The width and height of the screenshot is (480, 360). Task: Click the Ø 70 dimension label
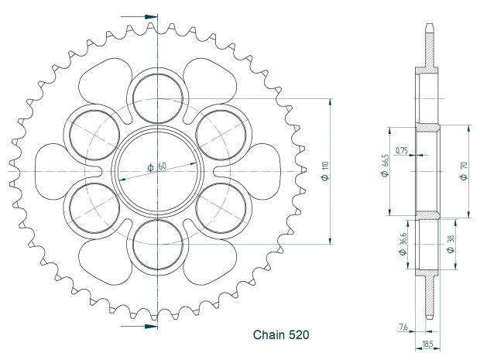click(462, 170)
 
